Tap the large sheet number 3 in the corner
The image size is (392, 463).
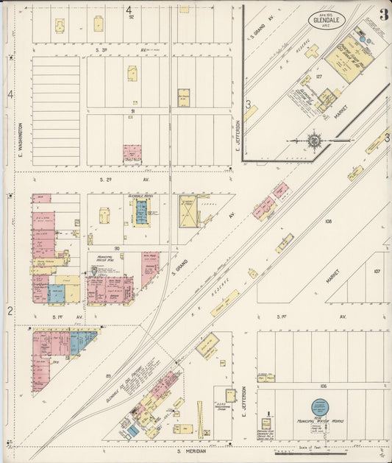pos(384,14)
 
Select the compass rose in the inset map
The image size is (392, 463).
pos(314,141)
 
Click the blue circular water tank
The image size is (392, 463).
pos(319,406)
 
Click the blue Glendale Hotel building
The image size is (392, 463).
pos(140,212)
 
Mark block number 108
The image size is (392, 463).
pos(328,221)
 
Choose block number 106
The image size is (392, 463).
pos(323,385)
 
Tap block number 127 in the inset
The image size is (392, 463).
pos(319,75)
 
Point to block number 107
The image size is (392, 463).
pos(377,271)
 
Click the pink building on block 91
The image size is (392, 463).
pos(132,152)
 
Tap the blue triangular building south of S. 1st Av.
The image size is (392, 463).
pos(82,341)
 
